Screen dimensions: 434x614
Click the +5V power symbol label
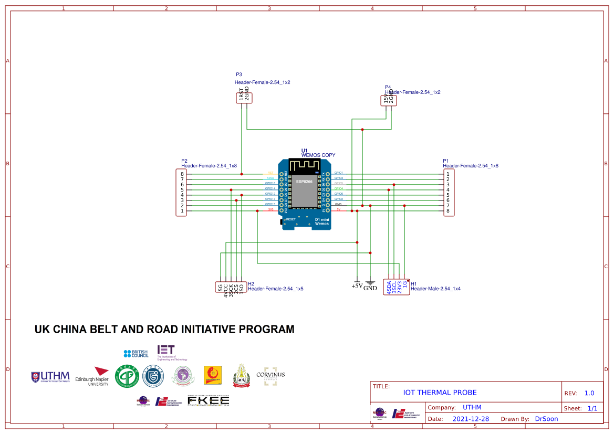[x=357, y=286]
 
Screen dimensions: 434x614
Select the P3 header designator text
[x=239, y=75]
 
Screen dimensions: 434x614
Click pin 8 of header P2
[x=182, y=174]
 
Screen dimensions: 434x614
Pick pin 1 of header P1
[x=448, y=174]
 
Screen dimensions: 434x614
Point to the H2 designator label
[x=251, y=283]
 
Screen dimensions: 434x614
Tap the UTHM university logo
[x=50, y=376]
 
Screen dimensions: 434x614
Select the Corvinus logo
[x=270, y=376]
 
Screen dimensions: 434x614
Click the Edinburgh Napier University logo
[x=92, y=376]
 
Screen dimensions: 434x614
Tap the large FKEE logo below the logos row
[x=209, y=401]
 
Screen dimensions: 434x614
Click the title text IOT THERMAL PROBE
[x=440, y=393]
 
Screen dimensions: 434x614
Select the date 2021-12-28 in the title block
[x=471, y=419]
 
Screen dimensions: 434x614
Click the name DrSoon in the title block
[x=546, y=419]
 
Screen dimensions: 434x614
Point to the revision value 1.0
[x=589, y=393]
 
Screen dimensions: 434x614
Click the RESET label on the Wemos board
[x=290, y=219]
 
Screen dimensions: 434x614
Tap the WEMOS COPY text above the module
[x=318, y=155]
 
